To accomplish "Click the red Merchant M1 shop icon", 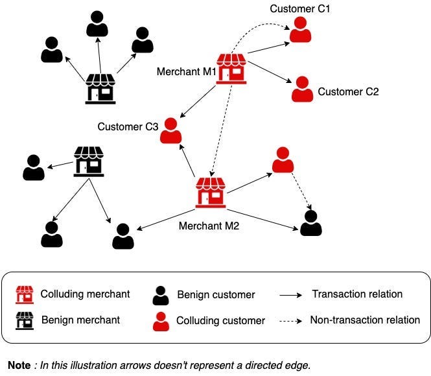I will (231, 69).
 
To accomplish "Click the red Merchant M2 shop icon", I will (211, 193).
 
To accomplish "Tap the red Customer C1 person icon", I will (300, 30).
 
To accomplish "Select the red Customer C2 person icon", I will (302, 89).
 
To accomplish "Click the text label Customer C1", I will (301, 8).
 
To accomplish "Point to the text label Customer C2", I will (348, 92).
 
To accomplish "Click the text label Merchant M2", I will (210, 226).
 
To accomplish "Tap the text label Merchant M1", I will (186, 71).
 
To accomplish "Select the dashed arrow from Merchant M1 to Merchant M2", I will (222, 130).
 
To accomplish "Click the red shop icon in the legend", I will (25, 295).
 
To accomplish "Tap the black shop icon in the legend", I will (25, 320).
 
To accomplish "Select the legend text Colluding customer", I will (220, 320).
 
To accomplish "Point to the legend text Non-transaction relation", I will (365, 320).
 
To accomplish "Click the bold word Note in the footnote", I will (19, 366).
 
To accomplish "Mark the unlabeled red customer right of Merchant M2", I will (282, 160).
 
